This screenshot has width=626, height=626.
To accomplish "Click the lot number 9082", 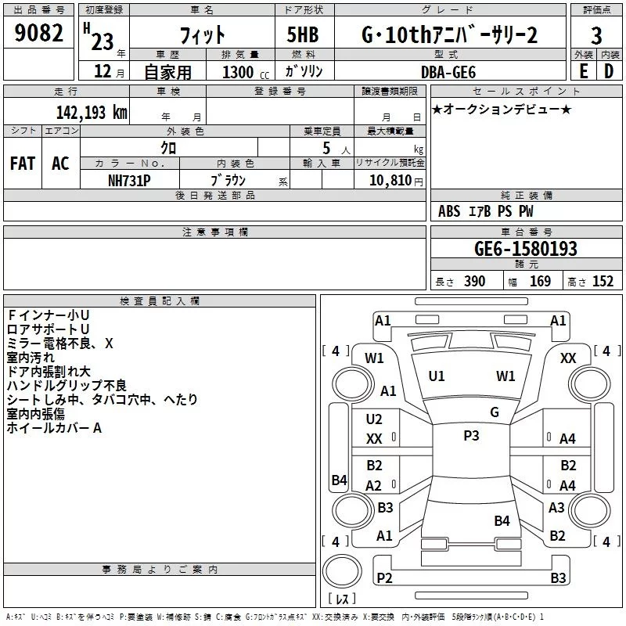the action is [39, 35].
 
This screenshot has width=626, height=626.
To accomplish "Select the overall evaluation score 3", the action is [596, 35].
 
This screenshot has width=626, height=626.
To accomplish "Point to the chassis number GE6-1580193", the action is [526, 249].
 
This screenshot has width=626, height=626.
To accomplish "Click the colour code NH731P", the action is [129, 179].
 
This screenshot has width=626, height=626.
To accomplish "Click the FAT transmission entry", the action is [22, 163].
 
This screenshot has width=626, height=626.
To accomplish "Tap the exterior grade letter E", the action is [583, 70].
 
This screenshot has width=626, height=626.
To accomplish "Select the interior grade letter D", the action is [609, 70].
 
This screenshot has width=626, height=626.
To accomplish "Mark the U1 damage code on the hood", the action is [437, 376].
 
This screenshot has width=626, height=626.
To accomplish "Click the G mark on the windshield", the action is [494, 412].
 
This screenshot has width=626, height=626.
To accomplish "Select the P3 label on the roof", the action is [471, 436].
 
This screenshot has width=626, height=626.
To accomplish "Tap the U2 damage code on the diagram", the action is [374, 419].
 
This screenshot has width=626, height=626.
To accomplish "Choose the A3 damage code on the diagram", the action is [556, 507].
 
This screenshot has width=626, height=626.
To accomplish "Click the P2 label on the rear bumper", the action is [384, 577].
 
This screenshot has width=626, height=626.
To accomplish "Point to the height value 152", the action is [603, 282].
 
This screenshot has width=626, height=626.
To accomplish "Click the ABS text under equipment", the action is [449, 211].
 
